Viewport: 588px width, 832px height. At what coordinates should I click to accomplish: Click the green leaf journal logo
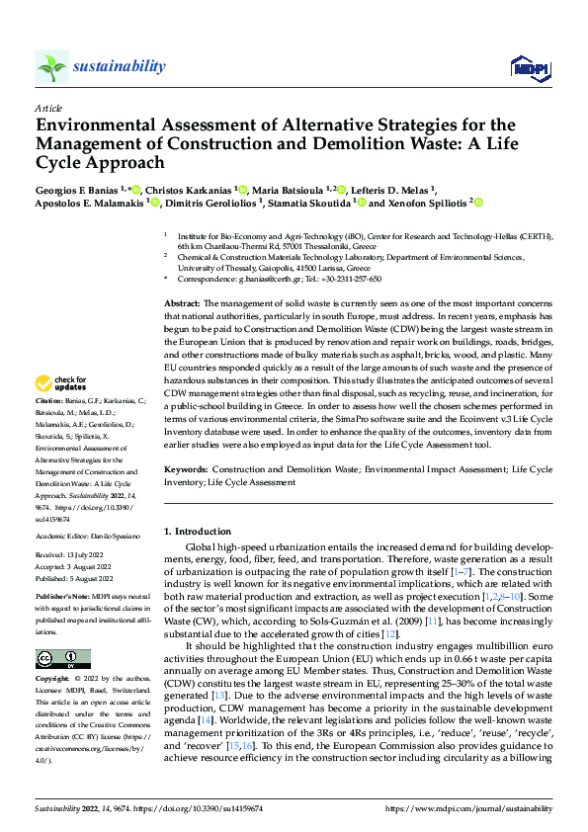tap(51, 66)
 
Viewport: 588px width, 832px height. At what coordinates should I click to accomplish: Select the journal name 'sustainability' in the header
tap(118, 66)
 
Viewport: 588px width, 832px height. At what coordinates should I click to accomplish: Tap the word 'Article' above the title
tap(48, 108)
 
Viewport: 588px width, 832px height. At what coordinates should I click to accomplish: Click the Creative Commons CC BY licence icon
tap(63, 658)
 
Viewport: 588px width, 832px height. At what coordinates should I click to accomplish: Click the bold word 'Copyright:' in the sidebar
tap(52, 679)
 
